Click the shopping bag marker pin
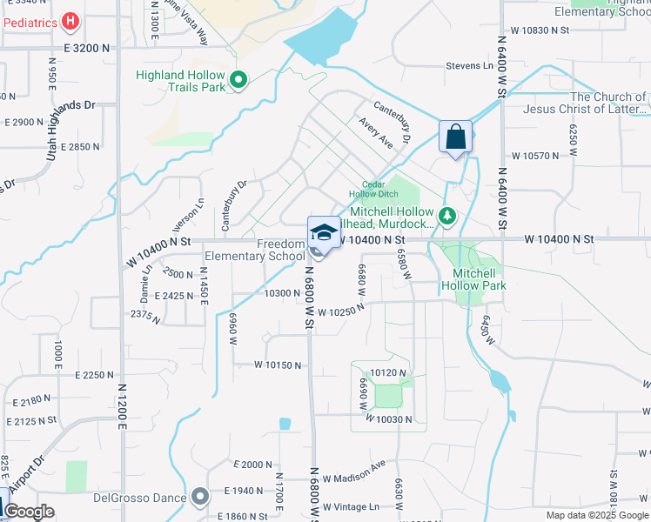click(455, 137)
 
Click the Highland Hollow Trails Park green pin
click(238, 82)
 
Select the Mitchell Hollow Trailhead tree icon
click(446, 215)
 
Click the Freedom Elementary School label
click(254, 251)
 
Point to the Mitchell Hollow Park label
click(473, 278)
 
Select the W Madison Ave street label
click(353, 478)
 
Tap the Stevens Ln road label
click(469, 66)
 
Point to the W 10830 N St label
click(540, 30)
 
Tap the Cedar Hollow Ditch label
click(366, 189)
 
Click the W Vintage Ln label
click(352, 506)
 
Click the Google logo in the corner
click(29, 512)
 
